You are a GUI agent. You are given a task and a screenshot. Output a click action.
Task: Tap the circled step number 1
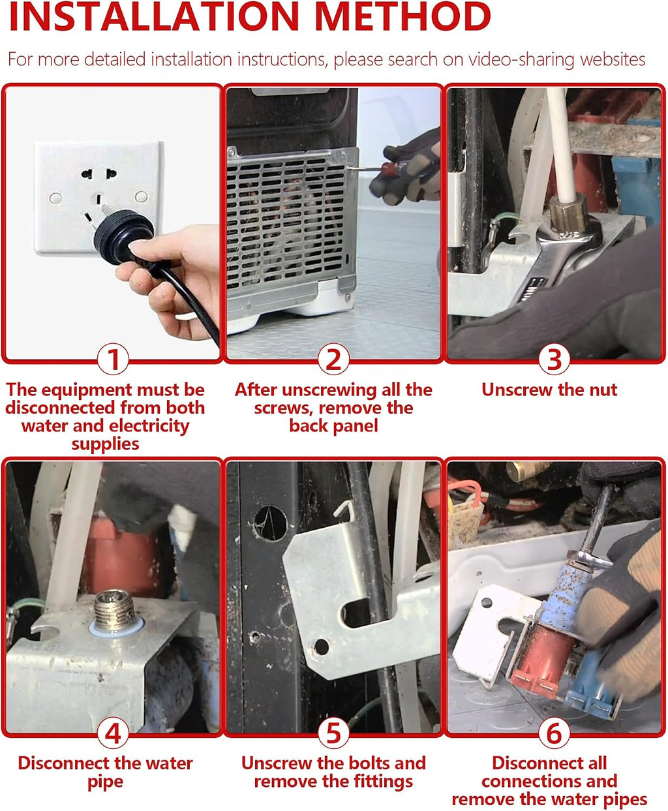point(113,360)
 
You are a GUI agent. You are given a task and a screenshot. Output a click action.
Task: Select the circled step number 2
point(333,360)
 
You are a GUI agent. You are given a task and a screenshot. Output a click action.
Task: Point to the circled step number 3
point(554,360)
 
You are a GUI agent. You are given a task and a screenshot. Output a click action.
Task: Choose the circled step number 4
point(113,733)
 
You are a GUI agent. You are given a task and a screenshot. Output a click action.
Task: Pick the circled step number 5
point(333,733)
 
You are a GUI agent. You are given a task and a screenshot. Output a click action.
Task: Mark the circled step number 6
point(554,733)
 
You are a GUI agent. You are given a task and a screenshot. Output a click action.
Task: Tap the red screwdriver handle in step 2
point(390,170)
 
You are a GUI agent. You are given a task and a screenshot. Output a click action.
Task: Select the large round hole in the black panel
point(270,523)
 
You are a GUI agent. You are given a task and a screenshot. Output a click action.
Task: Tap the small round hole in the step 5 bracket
point(321,647)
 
